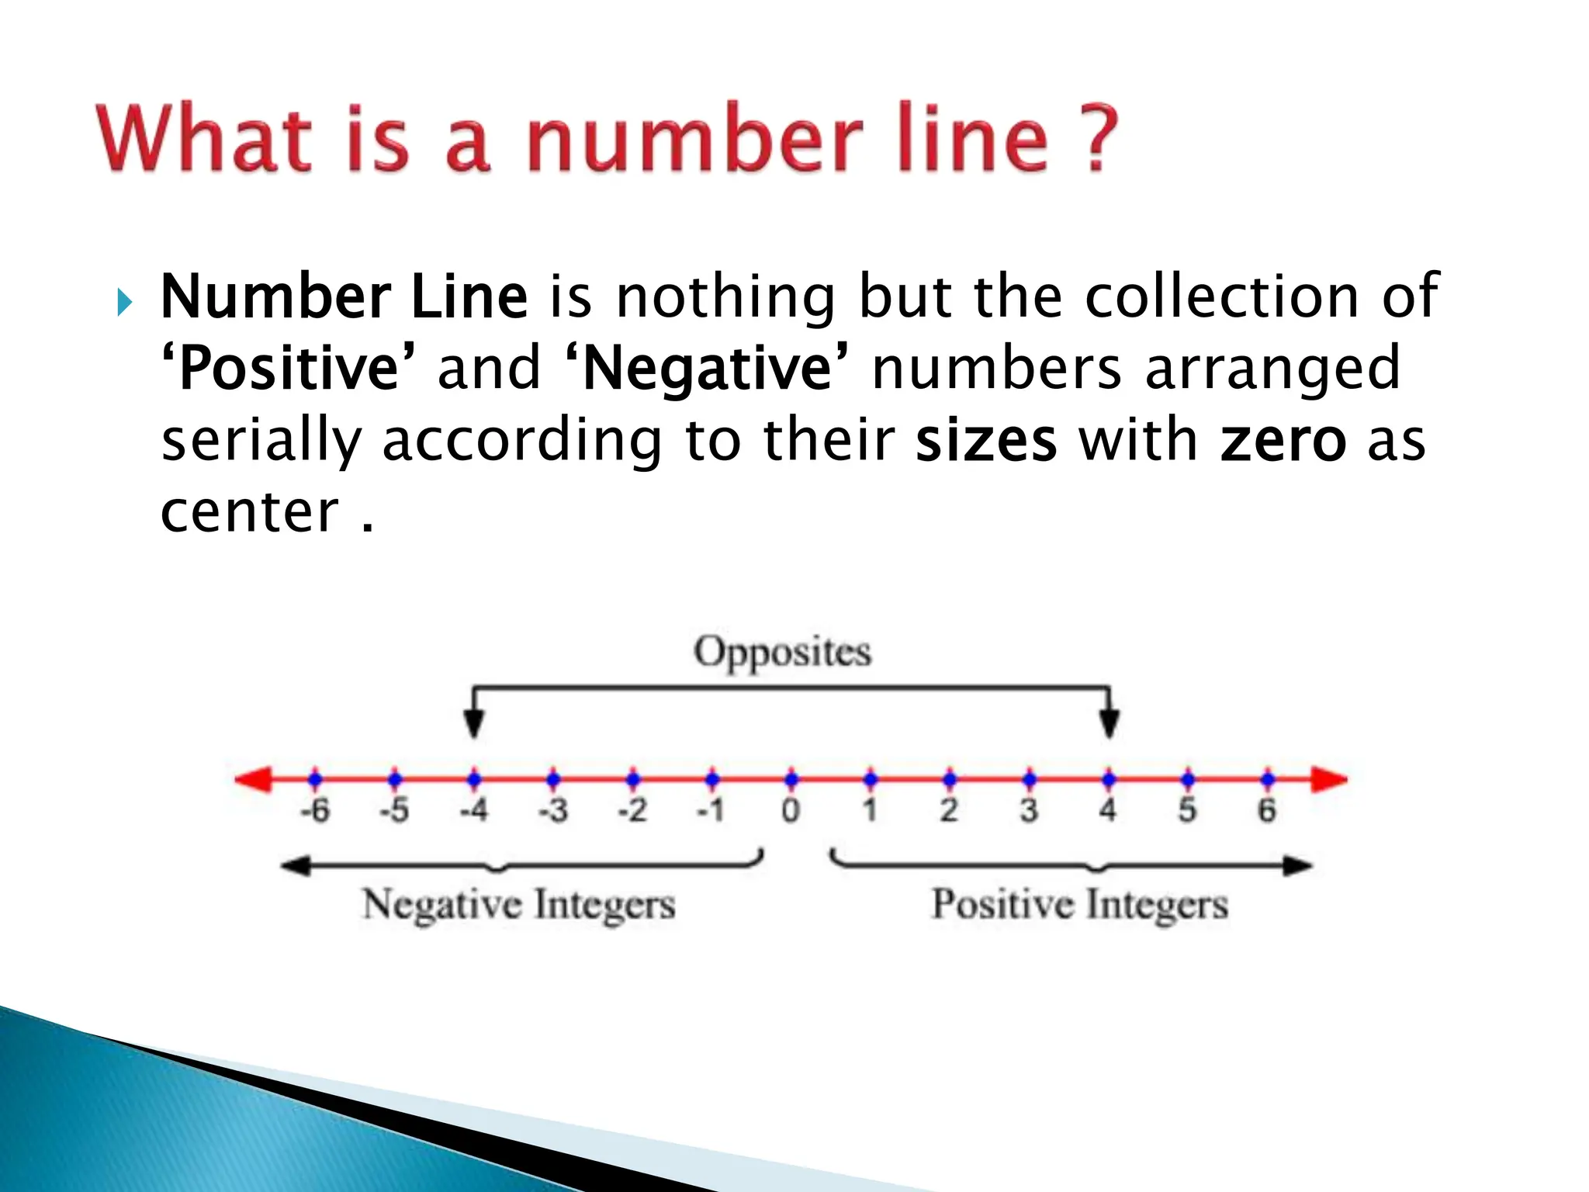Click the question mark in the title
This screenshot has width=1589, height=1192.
pyautogui.click(x=1097, y=140)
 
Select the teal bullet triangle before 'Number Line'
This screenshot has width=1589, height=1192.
pyautogui.click(x=124, y=301)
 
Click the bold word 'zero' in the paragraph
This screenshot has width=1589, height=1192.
pyautogui.click(x=1283, y=441)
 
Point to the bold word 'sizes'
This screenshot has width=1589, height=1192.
pyautogui.click(x=985, y=441)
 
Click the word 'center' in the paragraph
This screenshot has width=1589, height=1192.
pyautogui.click(x=250, y=513)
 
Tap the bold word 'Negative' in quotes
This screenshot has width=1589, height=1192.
pyautogui.click(x=707, y=369)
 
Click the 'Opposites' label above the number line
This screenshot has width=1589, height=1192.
pyautogui.click(x=782, y=652)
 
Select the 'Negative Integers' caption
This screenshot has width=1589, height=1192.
pyautogui.click(x=519, y=905)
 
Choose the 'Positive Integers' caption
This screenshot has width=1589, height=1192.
pyautogui.click(x=1079, y=905)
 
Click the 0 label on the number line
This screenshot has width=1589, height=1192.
pyautogui.click(x=791, y=810)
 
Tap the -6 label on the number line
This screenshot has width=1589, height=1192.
pyautogui.click(x=315, y=810)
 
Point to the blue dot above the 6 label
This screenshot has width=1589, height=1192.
pyautogui.click(x=1267, y=778)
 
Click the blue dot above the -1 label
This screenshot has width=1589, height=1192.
pyautogui.click(x=712, y=778)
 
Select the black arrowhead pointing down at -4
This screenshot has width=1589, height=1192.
pyautogui.click(x=474, y=723)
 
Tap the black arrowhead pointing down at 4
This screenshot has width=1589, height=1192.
pyautogui.click(x=1110, y=723)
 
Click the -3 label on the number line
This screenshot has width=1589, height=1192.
pyautogui.click(x=553, y=810)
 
